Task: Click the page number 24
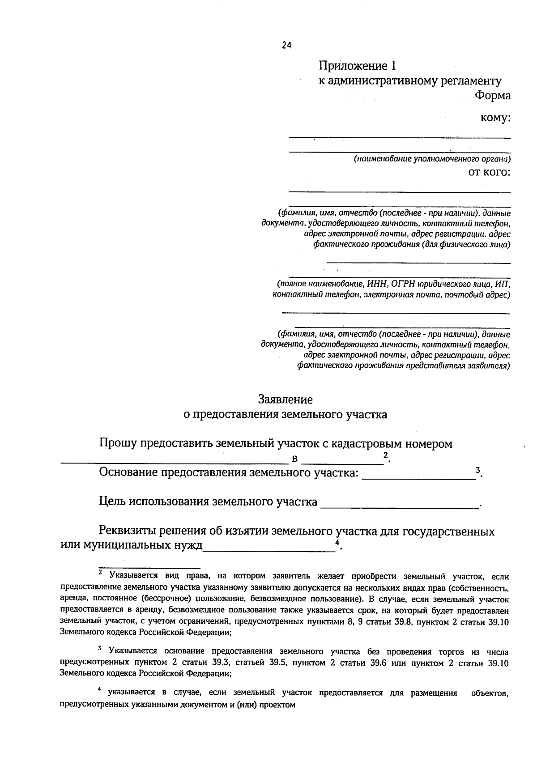[287, 45]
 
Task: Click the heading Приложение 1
[357, 66]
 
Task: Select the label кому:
[495, 118]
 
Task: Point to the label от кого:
[489, 172]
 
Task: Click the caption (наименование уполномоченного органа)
[432, 159]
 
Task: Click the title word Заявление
[285, 399]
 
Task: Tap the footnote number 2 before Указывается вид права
[101, 572]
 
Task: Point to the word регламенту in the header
[470, 81]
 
